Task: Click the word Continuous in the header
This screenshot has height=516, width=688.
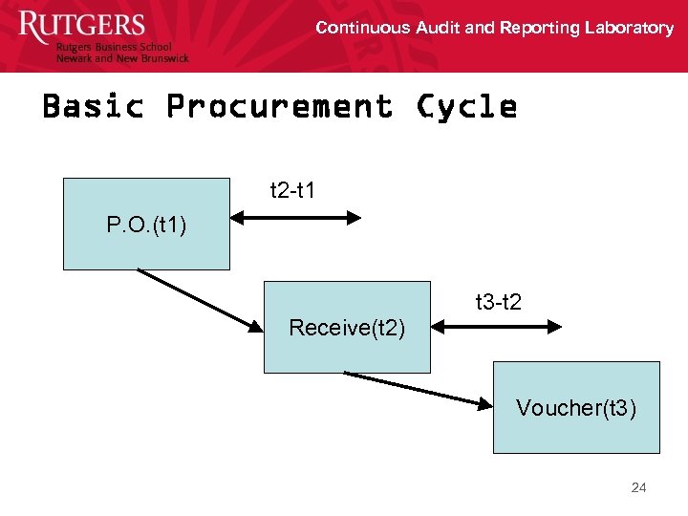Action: click(362, 28)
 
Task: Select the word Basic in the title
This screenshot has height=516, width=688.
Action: click(93, 105)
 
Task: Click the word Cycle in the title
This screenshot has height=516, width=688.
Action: click(466, 106)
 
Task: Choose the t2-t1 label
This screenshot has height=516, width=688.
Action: click(292, 191)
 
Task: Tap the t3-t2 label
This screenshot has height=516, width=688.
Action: click(498, 303)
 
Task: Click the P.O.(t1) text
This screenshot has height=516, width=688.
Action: click(146, 226)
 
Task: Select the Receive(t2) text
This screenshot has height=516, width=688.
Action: click(347, 329)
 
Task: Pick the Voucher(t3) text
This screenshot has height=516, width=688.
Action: click(576, 408)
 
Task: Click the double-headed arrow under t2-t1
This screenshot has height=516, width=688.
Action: click(297, 218)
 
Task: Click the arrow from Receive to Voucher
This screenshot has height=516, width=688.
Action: click(417, 389)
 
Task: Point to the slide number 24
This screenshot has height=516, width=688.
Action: click(638, 487)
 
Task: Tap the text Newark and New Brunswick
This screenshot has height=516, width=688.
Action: click(122, 58)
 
